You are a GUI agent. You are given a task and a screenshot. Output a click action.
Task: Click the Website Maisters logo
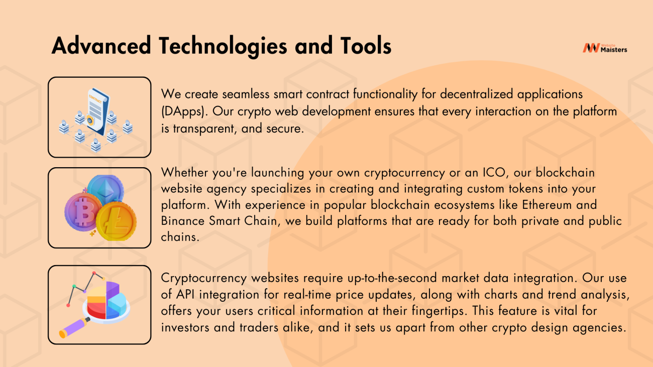click(605, 47)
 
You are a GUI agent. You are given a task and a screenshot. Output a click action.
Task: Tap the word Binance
click(183, 221)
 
